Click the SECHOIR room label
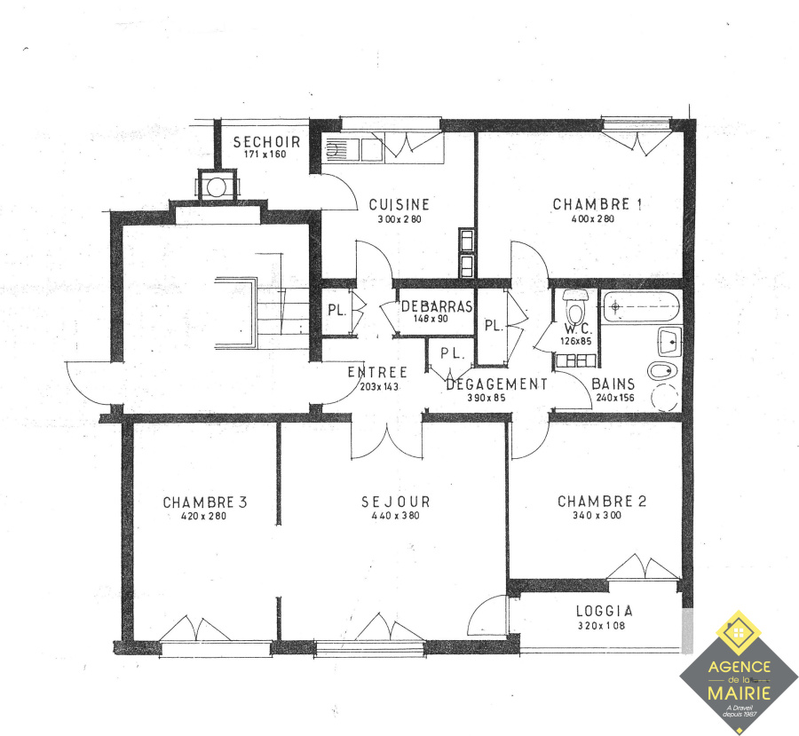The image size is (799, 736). (266, 142)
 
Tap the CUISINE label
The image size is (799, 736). (399, 204)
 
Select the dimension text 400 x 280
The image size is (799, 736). (593, 218)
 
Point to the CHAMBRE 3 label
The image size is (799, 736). (205, 502)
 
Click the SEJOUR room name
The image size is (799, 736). (396, 502)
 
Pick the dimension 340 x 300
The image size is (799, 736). (597, 515)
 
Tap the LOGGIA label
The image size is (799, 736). (605, 611)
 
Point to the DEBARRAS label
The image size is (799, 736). (437, 306)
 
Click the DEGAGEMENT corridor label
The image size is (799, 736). (497, 384)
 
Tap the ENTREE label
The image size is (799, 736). (377, 372)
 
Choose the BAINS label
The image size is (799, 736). (613, 384)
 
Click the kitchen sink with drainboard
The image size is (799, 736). (352, 149)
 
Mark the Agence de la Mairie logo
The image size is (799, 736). (739, 672)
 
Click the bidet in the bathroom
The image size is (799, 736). (663, 370)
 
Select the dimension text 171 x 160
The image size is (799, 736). (265, 154)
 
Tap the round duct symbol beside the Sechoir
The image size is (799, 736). (217, 187)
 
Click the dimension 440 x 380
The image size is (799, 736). (396, 515)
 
